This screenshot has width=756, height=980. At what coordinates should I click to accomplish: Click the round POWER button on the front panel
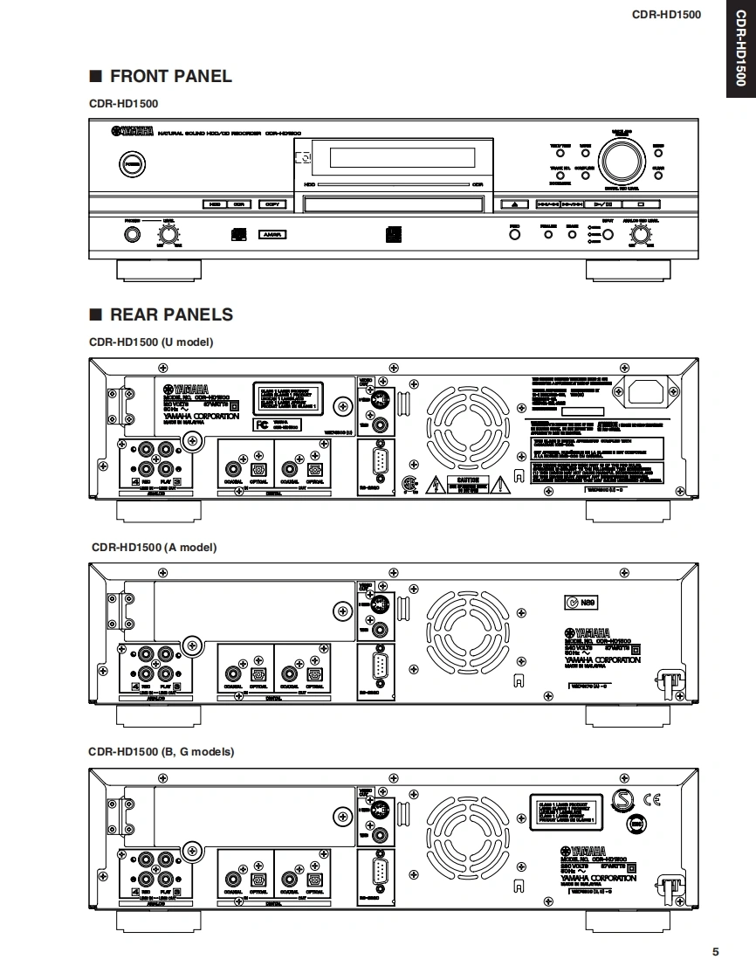coord(131,164)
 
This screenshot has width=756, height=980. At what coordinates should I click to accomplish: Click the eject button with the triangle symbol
coord(515,204)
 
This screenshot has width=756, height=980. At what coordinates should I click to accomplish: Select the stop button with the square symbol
coord(641,204)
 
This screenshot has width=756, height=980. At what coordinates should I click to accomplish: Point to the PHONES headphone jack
coord(131,234)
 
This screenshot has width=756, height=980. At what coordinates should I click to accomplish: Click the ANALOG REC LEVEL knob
coord(641,234)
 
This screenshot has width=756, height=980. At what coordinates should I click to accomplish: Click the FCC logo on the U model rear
coord(261,424)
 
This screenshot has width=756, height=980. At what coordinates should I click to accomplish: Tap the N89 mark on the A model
coord(579,602)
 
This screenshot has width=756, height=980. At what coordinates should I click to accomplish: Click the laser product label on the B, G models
coord(564,811)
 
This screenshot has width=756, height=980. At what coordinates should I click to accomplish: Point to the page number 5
coord(716,952)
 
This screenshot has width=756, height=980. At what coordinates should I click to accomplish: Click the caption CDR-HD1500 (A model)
coord(154,548)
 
